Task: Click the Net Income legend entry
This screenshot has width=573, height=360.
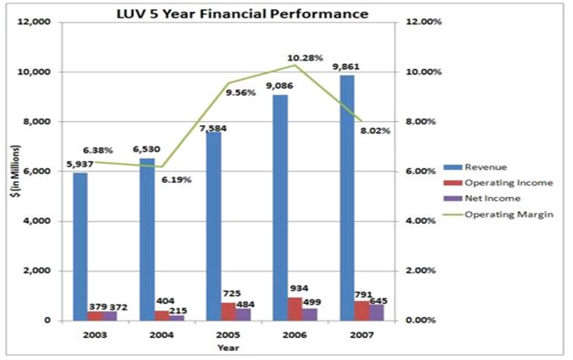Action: click(x=481, y=199)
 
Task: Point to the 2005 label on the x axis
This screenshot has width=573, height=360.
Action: click(x=228, y=334)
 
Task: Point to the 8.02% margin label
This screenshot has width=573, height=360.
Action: click(x=376, y=130)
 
